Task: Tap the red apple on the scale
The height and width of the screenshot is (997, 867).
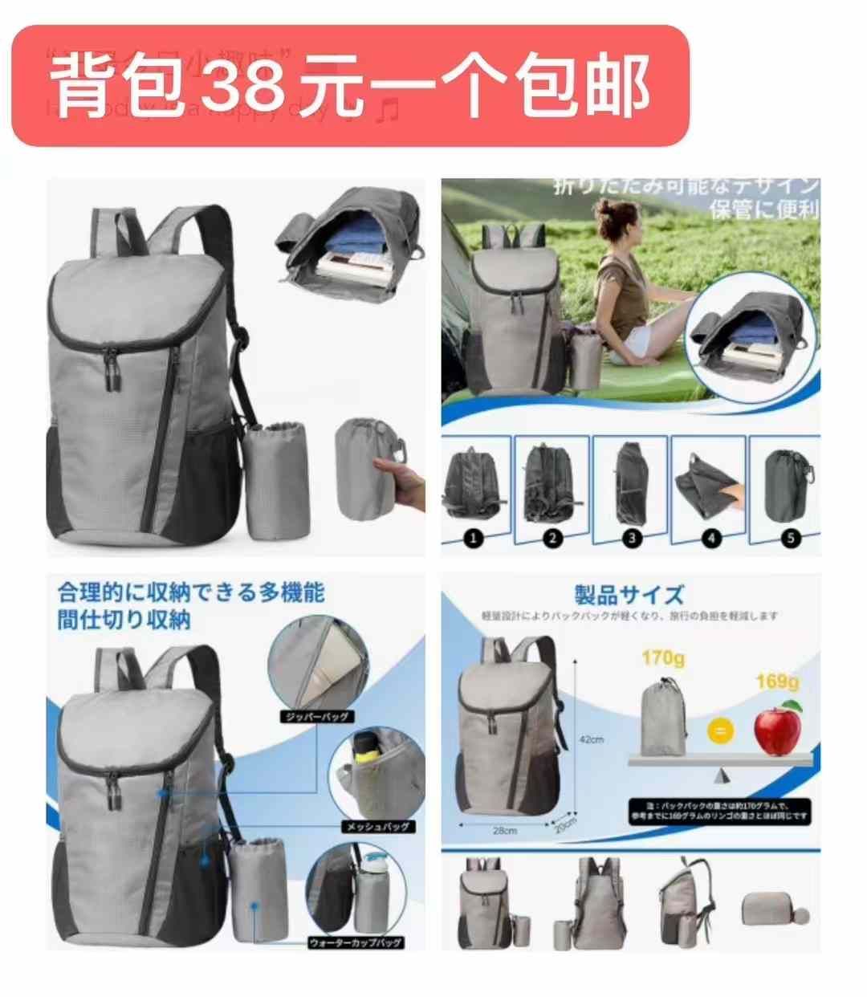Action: pyautogui.click(x=777, y=727)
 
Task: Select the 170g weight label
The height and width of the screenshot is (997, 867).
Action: pyautogui.click(x=662, y=658)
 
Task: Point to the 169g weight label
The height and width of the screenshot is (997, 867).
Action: pyautogui.click(x=776, y=682)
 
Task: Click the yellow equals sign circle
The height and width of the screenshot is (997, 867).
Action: pyautogui.click(x=721, y=730)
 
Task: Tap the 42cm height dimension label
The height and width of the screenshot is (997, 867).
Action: pyautogui.click(x=592, y=739)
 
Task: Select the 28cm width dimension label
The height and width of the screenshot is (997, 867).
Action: pyautogui.click(x=504, y=831)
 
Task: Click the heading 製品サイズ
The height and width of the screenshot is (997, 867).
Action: pyautogui.click(x=629, y=595)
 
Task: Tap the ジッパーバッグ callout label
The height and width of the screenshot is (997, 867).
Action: pyautogui.click(x=315, y=716)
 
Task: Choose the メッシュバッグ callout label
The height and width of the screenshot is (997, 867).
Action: pyautogui.click(x=377, y=826)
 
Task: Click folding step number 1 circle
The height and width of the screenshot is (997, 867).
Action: pyautogui.click(x=473, y=538)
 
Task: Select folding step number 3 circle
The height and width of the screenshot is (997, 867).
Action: pyautogui.click(x=632, y=538)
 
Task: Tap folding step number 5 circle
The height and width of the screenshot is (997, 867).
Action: pyautogui.click(x=791, y=538)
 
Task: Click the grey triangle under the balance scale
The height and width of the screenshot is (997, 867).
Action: pyautogui.click(x=721, y=775)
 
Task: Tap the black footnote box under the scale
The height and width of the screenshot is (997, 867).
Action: pyautogui.click(x=721, y=811)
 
